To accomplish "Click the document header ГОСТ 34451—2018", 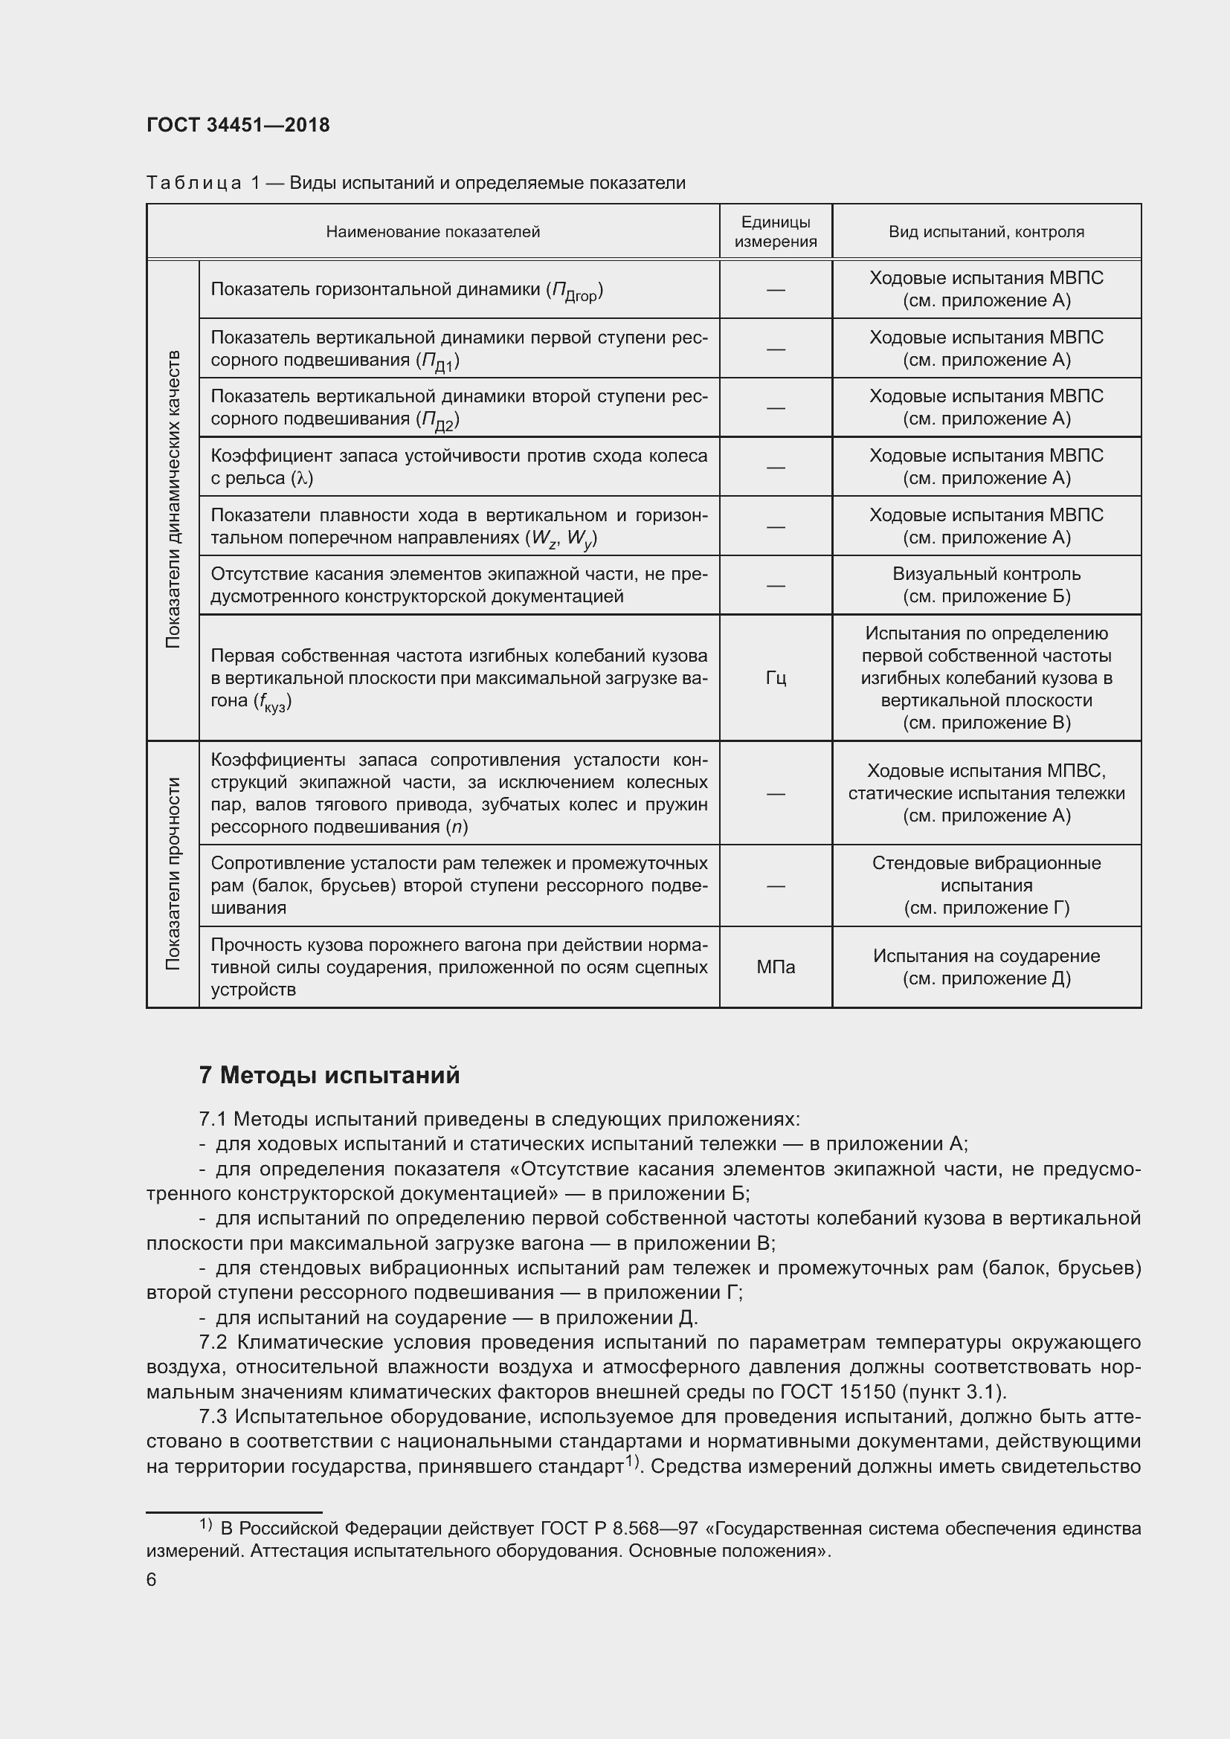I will [238, 125].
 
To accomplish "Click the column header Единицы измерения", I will [775, 232].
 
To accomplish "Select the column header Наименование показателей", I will [433, 232].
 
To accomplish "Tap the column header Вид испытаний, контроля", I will [985, 232].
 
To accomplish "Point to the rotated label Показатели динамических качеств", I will [173, 499].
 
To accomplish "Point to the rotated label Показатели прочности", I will [173, 874].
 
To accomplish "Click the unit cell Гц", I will [775, 678].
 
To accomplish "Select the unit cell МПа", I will [775, 967].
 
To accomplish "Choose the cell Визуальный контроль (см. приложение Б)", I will [985, 584].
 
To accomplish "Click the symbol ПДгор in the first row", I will [575, 291].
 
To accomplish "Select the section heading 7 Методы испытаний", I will [329, 1076].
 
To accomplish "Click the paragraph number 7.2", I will [213, 1342].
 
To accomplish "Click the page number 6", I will [152, 1579].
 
